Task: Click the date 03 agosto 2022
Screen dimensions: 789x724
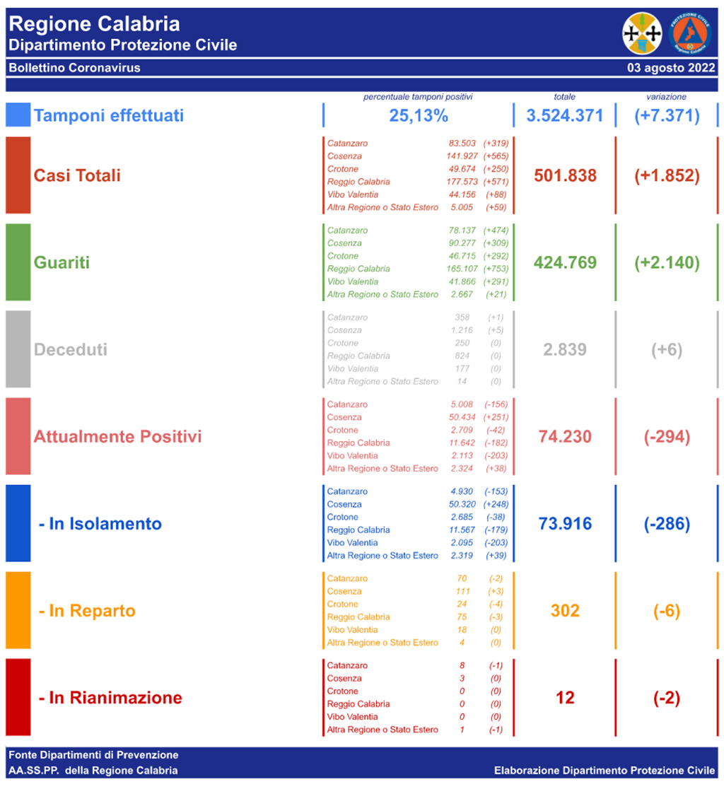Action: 671,69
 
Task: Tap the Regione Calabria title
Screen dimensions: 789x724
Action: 95,24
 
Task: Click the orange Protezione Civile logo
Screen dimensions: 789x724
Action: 690,33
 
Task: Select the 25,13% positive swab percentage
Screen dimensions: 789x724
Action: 418,115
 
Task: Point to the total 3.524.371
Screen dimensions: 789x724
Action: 564,115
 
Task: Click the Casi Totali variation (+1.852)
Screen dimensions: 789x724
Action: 667,175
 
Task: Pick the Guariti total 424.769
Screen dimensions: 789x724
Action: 565,262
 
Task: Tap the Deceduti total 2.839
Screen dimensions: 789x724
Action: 565,349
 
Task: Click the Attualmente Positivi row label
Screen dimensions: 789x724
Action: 117,436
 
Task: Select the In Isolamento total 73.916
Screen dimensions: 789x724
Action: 565,524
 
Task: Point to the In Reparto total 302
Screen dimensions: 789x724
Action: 565,611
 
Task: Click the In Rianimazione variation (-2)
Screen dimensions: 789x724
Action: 666,698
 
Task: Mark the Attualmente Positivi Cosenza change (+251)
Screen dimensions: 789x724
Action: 495,417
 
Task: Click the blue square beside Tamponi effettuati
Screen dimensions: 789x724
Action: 18,115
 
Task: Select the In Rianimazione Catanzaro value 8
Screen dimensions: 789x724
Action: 462,665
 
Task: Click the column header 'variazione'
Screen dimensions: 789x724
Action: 666,97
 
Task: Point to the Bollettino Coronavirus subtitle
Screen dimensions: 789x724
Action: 74,69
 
